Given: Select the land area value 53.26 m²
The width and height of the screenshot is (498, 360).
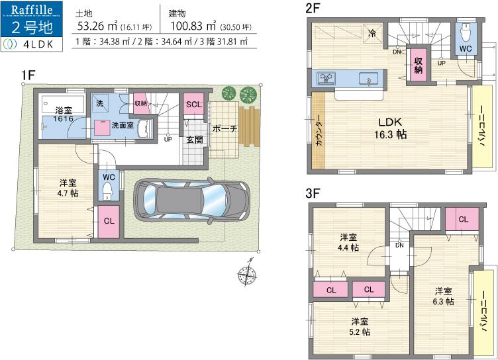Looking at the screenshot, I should (97, 26).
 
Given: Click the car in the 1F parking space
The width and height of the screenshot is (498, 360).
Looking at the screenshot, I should (193, 199).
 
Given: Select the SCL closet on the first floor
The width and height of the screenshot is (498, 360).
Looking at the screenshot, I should (193, 105).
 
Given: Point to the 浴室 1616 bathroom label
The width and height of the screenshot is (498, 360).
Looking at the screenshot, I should (64, 114).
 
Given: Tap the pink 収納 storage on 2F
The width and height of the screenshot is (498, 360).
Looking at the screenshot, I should (419, 65).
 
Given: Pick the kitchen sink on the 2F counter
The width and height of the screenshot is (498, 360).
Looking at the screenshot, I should (326, 79).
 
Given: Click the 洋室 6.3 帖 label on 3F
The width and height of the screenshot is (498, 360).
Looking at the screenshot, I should (444, 296).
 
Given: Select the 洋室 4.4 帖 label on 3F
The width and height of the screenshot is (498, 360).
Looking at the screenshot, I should (349, 242).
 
